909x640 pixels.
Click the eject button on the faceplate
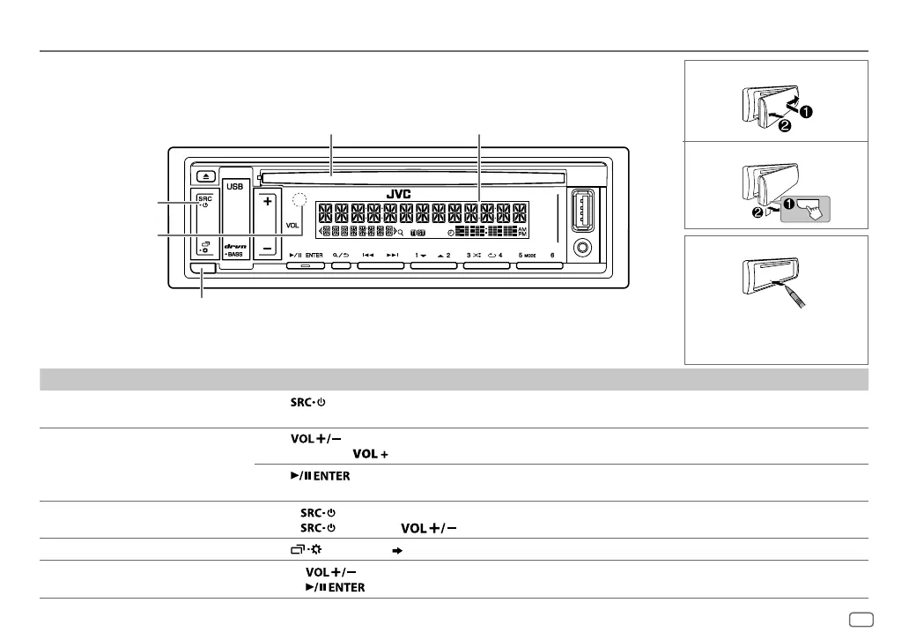tap(203, 176)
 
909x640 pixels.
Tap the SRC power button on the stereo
tap(204, 202)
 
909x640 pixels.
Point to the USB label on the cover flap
tap(235, 186)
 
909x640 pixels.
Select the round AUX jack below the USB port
tap(581, 246)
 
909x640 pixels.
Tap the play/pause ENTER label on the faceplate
tap(306, 254)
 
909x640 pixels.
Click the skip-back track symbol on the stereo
tap(368, 254)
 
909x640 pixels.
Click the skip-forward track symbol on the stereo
tap(393, 254)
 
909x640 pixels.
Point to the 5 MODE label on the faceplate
tap(528, 254)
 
